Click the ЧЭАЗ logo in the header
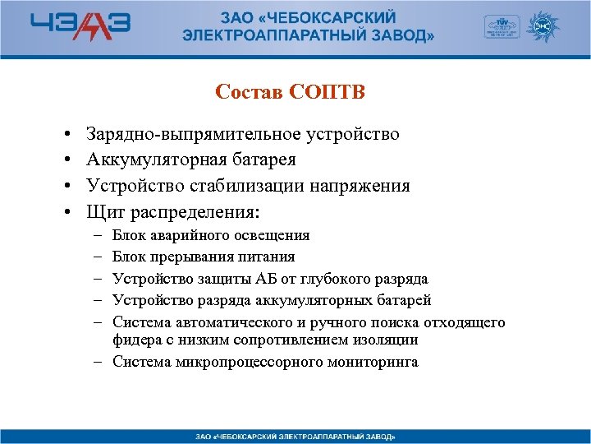[80, 27]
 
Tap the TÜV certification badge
[501, 27]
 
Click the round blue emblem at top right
[543, 27]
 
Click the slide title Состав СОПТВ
[290, 91]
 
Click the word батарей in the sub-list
[402, 300]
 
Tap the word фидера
[136, 340]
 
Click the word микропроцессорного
[245, 362]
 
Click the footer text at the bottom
[295, 435]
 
